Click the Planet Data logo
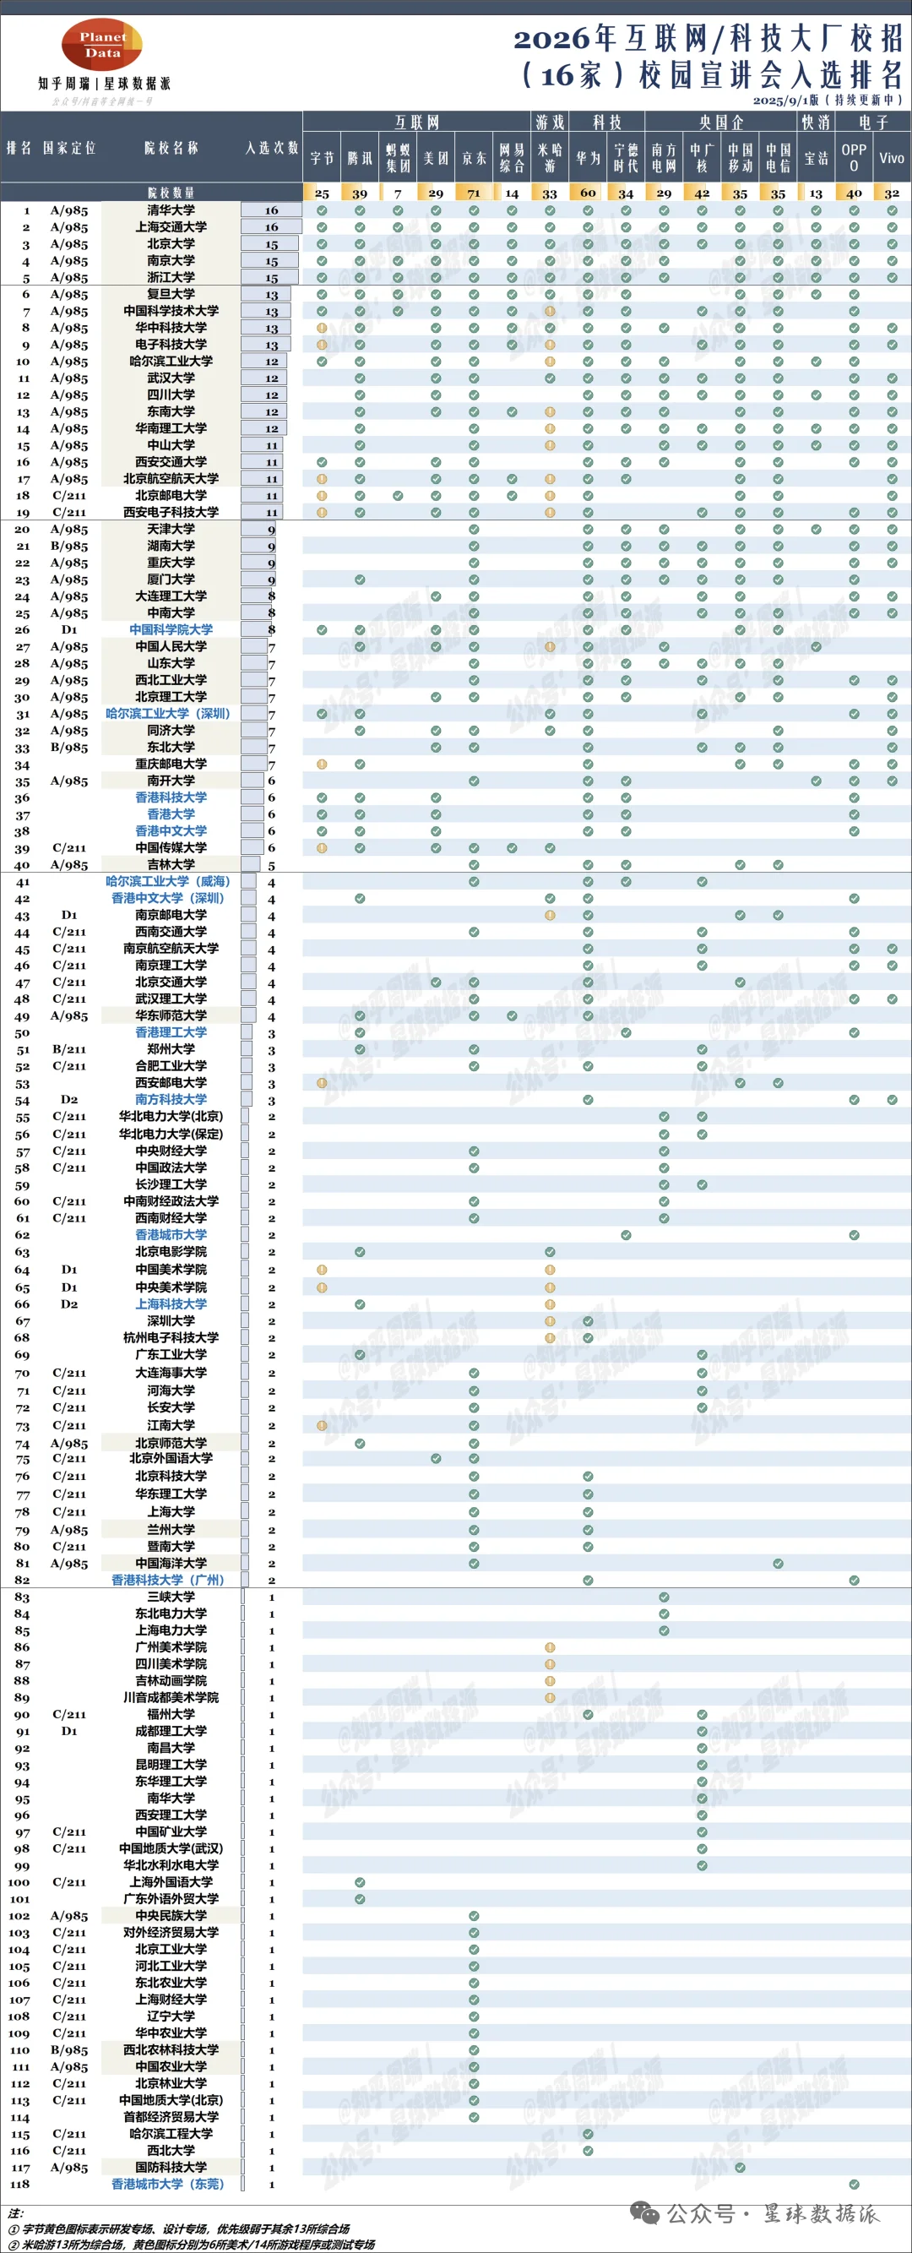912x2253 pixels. click(x=102, y=45)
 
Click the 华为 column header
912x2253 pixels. click(x=588, y=158)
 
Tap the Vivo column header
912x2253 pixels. click(x=891, y=158)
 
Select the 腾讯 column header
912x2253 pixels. click(x=360, y=158)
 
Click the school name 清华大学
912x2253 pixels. click(x=171, y=210)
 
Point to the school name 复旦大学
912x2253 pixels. click(x=171, y=294)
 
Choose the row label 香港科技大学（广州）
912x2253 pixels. click(x=168, y=1580)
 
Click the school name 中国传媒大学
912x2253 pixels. click(x=171, y=847)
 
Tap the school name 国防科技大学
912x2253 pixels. click(x=171, y=2167)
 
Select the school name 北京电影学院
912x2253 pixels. click(x=171, y=1252)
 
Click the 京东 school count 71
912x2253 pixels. click(x=473, y=193)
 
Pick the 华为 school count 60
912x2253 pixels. click(x=588, y=193)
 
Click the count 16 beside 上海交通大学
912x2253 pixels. click(x=271, y=226)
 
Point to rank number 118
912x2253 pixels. click(x=20, y=2183)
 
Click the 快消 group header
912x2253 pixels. click(x=815, y=122)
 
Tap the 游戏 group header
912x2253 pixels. click(x=549, y=122)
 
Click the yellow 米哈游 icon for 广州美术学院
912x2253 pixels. click(x=550, y=1647)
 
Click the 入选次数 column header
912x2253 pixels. click(x=271, y=148)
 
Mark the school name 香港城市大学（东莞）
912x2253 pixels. click(x=168, y=2184)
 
